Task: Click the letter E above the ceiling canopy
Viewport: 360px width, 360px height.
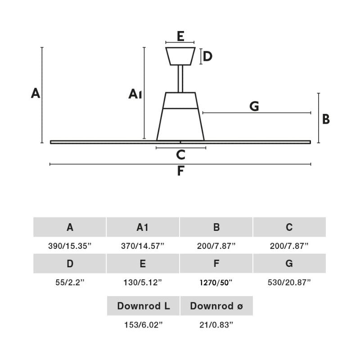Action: point(180,36)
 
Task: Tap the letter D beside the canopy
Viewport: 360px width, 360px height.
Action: point(207,57)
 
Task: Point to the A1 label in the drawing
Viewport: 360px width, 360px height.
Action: point(135,94)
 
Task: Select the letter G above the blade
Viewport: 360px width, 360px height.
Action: point(254,106)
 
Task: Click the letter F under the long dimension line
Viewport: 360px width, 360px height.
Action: point(180,171)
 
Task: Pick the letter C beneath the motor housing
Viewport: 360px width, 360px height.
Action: point(180,155)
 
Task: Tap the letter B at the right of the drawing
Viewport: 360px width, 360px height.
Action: point(326,119)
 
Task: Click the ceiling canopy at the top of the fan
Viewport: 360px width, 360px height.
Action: point(180,56)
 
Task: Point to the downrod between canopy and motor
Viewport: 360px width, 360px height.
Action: point(180,79)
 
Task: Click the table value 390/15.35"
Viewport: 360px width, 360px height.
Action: point(70,246)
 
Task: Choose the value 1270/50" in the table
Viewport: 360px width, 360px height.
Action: point(216,283)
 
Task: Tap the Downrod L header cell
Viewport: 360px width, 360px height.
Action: point(143,306)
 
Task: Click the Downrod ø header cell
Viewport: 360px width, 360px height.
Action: point(216,306)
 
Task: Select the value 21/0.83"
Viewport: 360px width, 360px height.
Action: point(216,325)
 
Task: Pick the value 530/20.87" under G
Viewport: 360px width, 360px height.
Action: point(289,283)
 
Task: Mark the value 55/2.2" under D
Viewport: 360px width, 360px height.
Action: point(70,283)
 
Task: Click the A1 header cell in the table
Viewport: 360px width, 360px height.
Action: point(143,227)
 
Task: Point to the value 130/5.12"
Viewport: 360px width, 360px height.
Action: point(143,283)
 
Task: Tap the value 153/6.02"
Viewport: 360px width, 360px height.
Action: point(143,325)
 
